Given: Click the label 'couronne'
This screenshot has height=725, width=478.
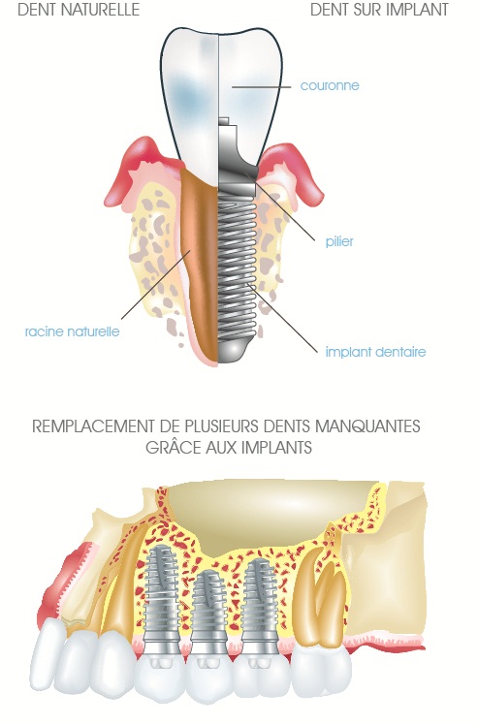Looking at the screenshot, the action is tap(330, 85).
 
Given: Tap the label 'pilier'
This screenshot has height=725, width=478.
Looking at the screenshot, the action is tap(339, 241).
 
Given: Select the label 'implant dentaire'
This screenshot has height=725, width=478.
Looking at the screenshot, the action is tap(375, 352).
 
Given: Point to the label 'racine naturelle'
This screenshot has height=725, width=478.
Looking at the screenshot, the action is tap(72, 331).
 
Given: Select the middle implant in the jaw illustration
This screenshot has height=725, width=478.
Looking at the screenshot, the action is tap(207, 611).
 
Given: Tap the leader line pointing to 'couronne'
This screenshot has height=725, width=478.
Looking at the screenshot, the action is tap(261, 86).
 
